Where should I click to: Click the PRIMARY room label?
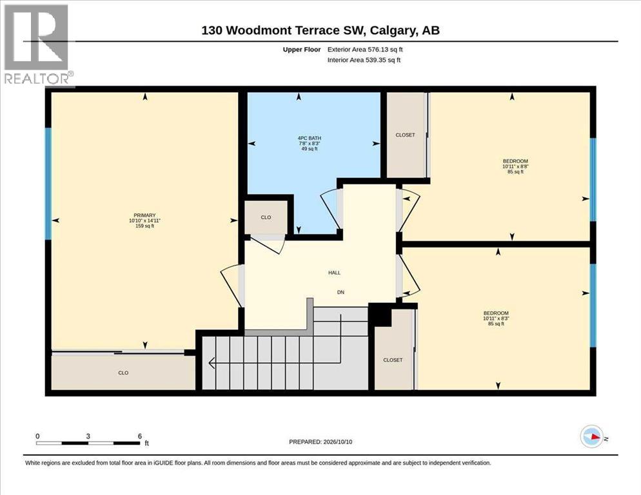[x=144, y=220]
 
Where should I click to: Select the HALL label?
[x=335, y=273]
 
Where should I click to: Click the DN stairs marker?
[x=340, y=292]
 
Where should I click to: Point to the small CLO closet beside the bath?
[x=266, y=217]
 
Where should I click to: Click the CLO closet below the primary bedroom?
[x=123, y=373]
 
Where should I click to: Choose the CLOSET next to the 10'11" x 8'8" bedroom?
[x=405, y=135]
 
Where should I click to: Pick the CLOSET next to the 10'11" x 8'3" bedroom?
[x=393, y=360]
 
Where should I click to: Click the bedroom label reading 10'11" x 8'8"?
[x=515, y=166]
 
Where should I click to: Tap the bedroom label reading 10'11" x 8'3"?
[x=497, y=318]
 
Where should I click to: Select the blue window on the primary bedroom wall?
[x=48, y=184]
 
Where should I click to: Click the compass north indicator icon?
[x=592, y=437]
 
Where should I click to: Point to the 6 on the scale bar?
[x=140, y=436]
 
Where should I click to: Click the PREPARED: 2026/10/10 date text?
[x=320, y=442]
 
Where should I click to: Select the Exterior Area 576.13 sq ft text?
[x=365, y=50]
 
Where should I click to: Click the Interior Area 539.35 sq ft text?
[x=364, y=60]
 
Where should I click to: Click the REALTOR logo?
[x=38, y=44]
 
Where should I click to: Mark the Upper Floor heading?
[x=302, y=50]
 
